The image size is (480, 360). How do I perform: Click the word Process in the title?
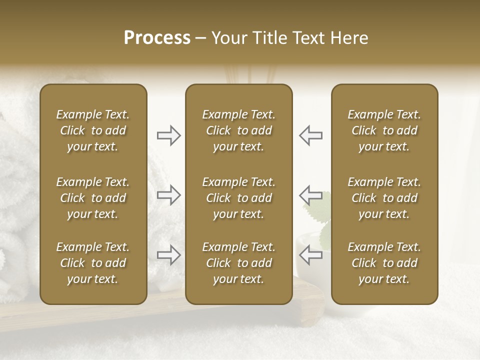(157, 38)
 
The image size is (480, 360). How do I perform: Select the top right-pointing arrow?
(169, 135)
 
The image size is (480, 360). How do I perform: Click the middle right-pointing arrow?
(169, 195)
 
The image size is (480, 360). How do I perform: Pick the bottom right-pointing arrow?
(169, 254)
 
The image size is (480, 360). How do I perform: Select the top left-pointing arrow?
(311, 135)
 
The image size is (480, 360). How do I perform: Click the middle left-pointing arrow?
(311, 195)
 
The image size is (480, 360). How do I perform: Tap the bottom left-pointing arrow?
(311, 254)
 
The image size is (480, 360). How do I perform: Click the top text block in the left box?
(93, 130)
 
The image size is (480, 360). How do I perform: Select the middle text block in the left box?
(93, 198)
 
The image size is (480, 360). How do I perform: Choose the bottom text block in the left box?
(93, 263)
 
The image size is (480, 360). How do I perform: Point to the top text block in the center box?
(239, 130)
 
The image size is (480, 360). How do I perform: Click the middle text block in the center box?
(239, 198)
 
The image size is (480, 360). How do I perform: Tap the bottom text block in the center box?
(239, 263)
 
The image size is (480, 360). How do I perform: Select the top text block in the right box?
(384, 130)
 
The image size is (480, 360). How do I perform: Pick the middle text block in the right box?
(384, 198)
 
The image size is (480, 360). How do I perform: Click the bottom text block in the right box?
(384, 263)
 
